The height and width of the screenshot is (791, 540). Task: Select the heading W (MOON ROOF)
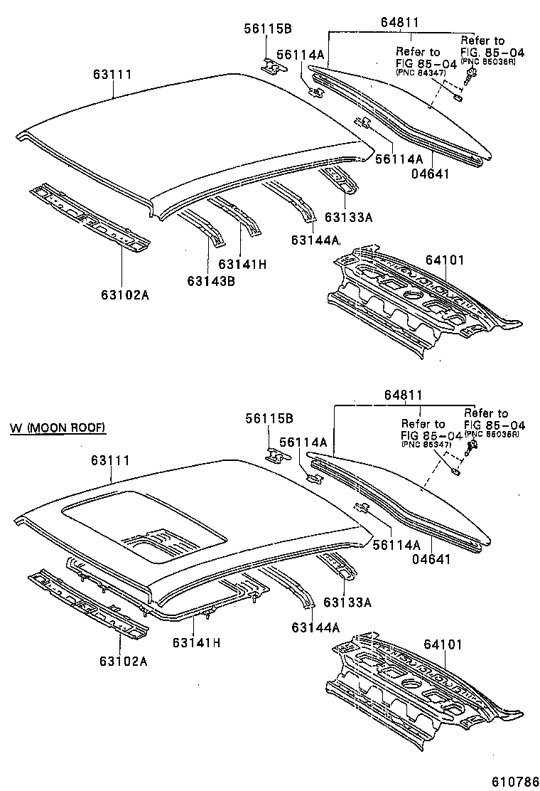tap(58, 428)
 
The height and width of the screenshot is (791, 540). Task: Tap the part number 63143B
tap(211, 280)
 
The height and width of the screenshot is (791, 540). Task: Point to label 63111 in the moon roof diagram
tap(109, 461)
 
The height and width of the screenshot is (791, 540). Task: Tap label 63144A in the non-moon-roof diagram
tap(315, 240)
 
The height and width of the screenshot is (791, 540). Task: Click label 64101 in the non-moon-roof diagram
tap(445, 260)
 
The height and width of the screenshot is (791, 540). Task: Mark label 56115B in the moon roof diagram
tap(269, 418)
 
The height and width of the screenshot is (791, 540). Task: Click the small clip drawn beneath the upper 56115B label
tap(272, 66)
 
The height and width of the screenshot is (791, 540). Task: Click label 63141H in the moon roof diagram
tap(196, 642)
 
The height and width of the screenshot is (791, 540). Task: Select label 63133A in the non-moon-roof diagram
tap(348, 216)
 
